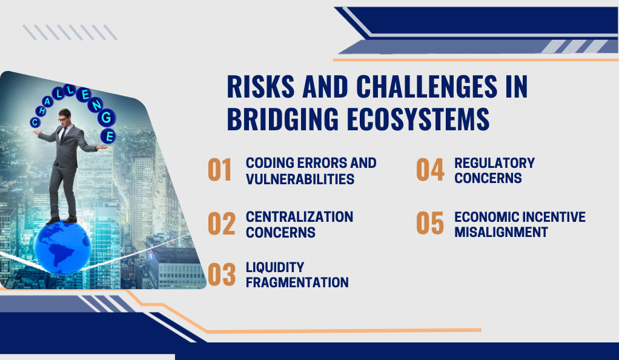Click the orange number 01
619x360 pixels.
coord(220,170)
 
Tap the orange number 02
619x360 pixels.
coord(222,224)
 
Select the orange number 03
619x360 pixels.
coord(222,275)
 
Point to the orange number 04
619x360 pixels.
coord(430,170)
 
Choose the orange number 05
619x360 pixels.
coord(430,223)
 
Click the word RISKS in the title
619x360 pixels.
coord(260,87)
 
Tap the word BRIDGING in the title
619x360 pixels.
coord(283,119)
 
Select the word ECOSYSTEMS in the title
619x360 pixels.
coord(418,119)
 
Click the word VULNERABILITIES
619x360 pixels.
coord(300,179)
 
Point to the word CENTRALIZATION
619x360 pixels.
coord(299,216)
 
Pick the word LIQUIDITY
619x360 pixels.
coord(275,267)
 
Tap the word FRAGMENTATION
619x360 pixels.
coord(297,282)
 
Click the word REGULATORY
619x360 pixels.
coord(494,163)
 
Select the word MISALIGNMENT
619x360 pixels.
coord(501,232)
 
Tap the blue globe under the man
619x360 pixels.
coord(62,248)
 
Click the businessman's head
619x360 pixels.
coord(65,116)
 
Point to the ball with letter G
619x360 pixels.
coord(107,118)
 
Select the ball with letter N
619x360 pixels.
coord(96,104)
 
